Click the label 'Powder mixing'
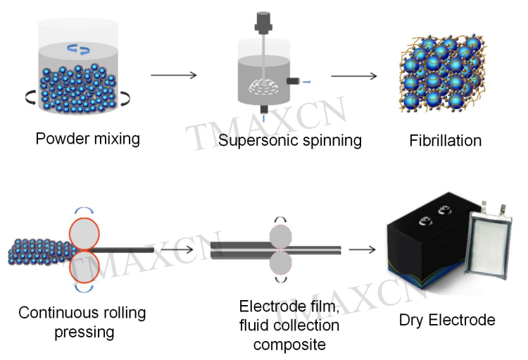[x=87, y=137]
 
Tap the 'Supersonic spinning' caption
[x=289, y=140]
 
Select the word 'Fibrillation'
[x=445, y=140]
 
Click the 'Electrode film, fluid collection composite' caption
[x=289, y=325]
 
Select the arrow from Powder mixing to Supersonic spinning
[x=174, y=75]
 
